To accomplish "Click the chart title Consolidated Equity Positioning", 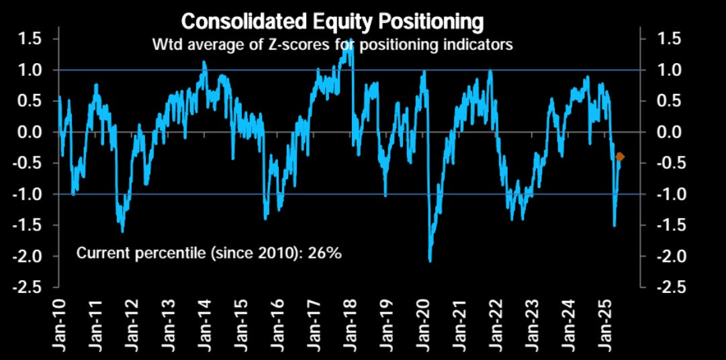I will coord(332,21).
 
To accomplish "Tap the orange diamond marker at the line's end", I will coord(620,156).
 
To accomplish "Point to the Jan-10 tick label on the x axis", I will coord(59,323).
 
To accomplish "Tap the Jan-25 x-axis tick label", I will coord(606,323).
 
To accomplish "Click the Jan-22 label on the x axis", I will coord(496,323).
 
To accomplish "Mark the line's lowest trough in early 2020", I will coord(430,260).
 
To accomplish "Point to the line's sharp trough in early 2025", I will coord(615,225).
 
